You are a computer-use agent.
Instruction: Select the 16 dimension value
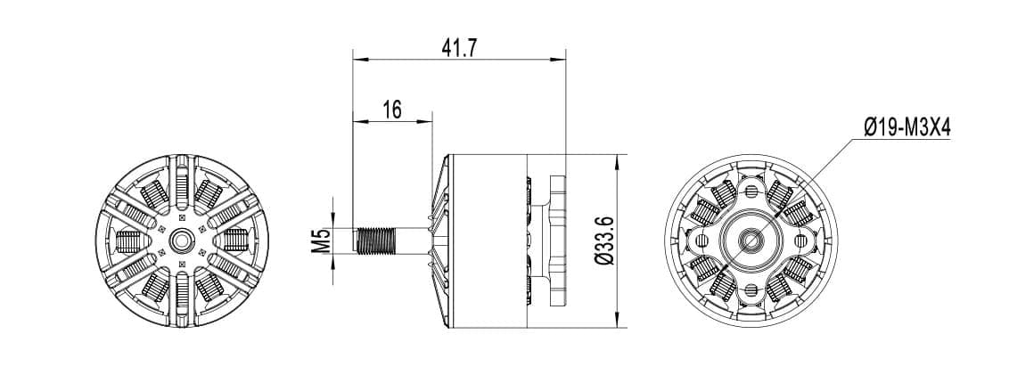[392, 110]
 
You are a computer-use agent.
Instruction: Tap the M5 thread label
[322, 240]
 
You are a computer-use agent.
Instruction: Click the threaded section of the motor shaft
[374, 240]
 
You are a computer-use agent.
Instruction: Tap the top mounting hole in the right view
[747, 192]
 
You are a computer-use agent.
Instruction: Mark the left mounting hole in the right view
[703, 240]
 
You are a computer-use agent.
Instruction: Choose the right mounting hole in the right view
[795, 240]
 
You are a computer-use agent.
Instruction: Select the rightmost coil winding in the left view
[234, 240]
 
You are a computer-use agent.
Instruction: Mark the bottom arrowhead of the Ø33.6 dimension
[620, 322]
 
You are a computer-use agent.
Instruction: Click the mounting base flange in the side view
[559, 240]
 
